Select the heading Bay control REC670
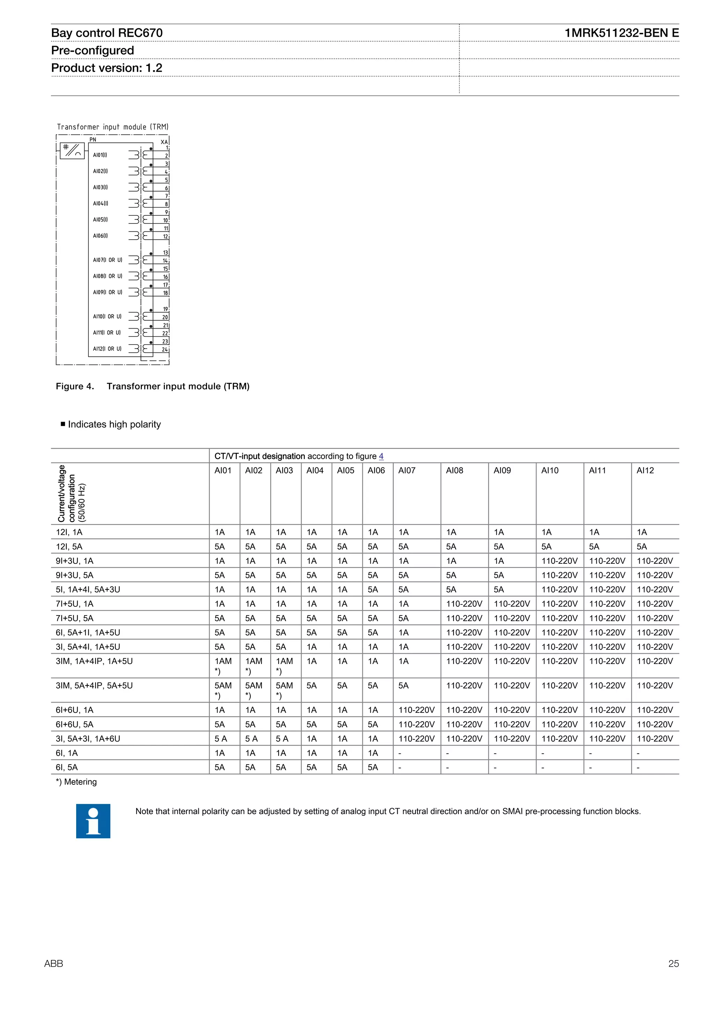click(x=107, y=33)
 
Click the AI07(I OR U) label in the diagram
click(x=108, y=260)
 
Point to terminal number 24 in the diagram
click(x=165, y=349)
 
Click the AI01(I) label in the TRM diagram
click(x=100, y=155)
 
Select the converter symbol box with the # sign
click(x=72, y=150)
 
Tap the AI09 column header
click(x=502, y=470)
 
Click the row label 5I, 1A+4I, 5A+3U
click(x=88, y=589)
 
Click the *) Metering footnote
click(x=76, y=782)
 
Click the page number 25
click(x=673, y=964)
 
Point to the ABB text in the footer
click(x=54, y=964)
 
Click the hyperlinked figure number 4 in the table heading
click(x=381, y=456)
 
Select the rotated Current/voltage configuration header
click(x=71, y=494)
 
